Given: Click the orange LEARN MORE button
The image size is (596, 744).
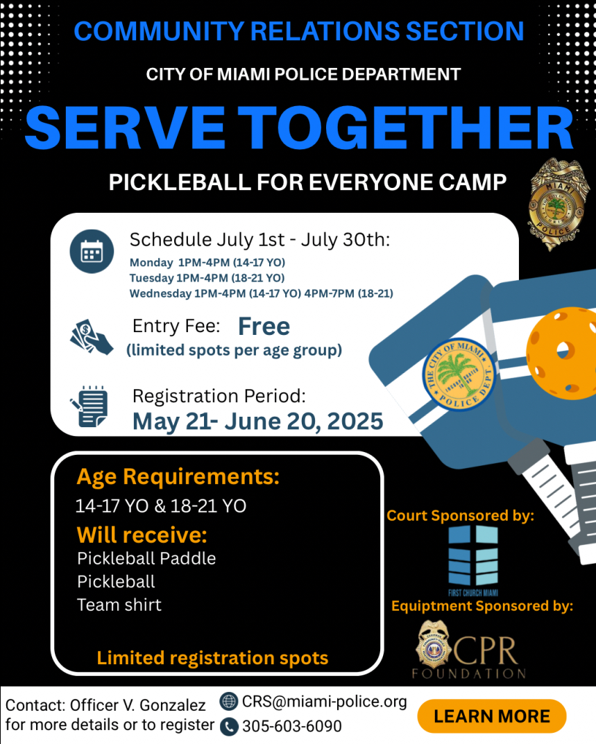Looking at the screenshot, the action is coord(491,716).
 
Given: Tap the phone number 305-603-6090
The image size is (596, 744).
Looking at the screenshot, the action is coord(291,726).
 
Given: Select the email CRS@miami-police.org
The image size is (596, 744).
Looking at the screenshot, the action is coord(324,701).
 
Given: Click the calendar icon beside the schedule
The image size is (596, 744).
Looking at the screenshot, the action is coord(92,252).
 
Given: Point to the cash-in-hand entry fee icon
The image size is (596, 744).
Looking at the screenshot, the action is coord(91,337).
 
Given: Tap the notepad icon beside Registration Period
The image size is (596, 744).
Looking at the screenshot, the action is coord(90,406).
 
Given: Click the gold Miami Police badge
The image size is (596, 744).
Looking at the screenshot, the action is coord(556,204).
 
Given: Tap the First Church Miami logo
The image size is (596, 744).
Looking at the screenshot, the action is coord(473,560).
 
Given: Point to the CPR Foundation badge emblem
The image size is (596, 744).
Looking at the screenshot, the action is coord(433,645).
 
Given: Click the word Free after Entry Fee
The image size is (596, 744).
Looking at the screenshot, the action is coord(264,327).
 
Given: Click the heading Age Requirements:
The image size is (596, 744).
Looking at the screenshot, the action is coord(178,477).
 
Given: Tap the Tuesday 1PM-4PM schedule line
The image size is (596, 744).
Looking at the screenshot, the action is coord(207,278).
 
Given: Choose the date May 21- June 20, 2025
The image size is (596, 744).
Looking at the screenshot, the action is coord(257,422).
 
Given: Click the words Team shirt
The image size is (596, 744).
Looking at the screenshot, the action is coord(119,605).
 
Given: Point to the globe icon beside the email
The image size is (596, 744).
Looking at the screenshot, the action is coord(229,701).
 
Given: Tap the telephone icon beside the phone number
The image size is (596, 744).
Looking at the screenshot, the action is coord(229,727).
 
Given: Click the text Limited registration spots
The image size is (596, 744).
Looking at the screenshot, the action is coord(212,658).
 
